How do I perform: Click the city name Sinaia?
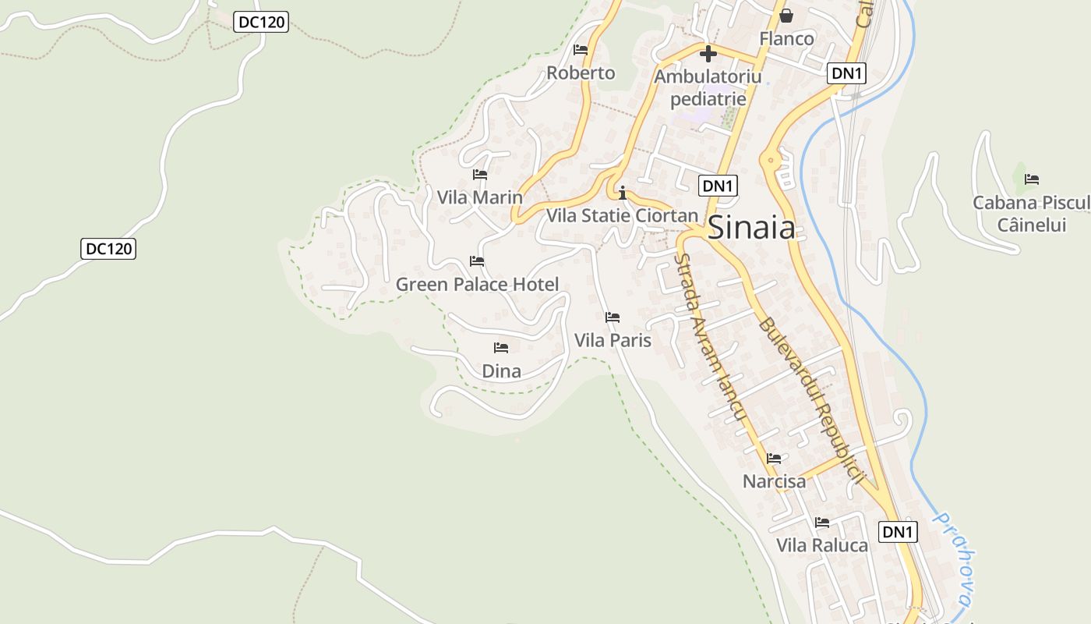[751, 228]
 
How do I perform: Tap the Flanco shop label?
[786, 38]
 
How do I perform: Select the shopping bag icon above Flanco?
[786, 16]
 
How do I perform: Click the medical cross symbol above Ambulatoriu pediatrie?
[708, 54]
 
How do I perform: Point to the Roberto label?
[581, 73]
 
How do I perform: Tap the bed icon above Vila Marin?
[480, 175]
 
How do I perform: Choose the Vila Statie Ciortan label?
[622, 215]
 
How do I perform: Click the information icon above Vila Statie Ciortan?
[622, 193]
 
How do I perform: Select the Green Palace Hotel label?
[477, 284]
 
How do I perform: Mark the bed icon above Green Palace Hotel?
[477, 261]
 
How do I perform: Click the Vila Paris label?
[613, 340]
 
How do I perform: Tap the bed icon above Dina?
[501, 348]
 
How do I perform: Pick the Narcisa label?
[774, 481]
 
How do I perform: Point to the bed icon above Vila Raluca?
[822, 523]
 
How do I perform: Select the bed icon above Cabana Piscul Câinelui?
[1032, 179]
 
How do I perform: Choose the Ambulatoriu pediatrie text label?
[708, 88]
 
